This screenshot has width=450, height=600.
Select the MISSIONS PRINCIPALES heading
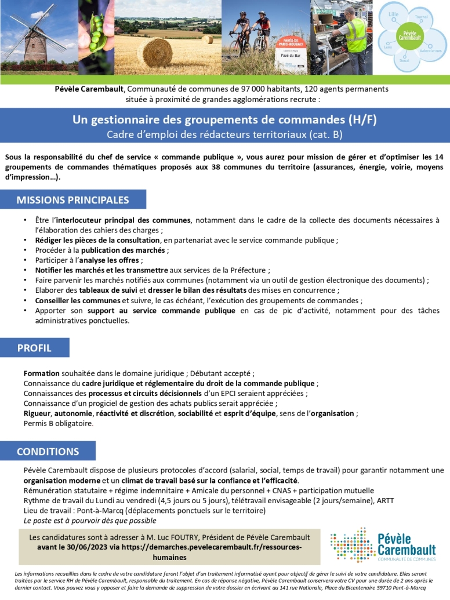(x=72, y=200)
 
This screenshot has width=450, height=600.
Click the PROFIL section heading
(x=34, y=348)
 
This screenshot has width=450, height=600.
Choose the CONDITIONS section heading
(x=48, y=452)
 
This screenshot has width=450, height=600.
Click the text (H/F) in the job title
(x=362, y=120)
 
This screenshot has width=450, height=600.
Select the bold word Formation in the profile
(x=41, y=374)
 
